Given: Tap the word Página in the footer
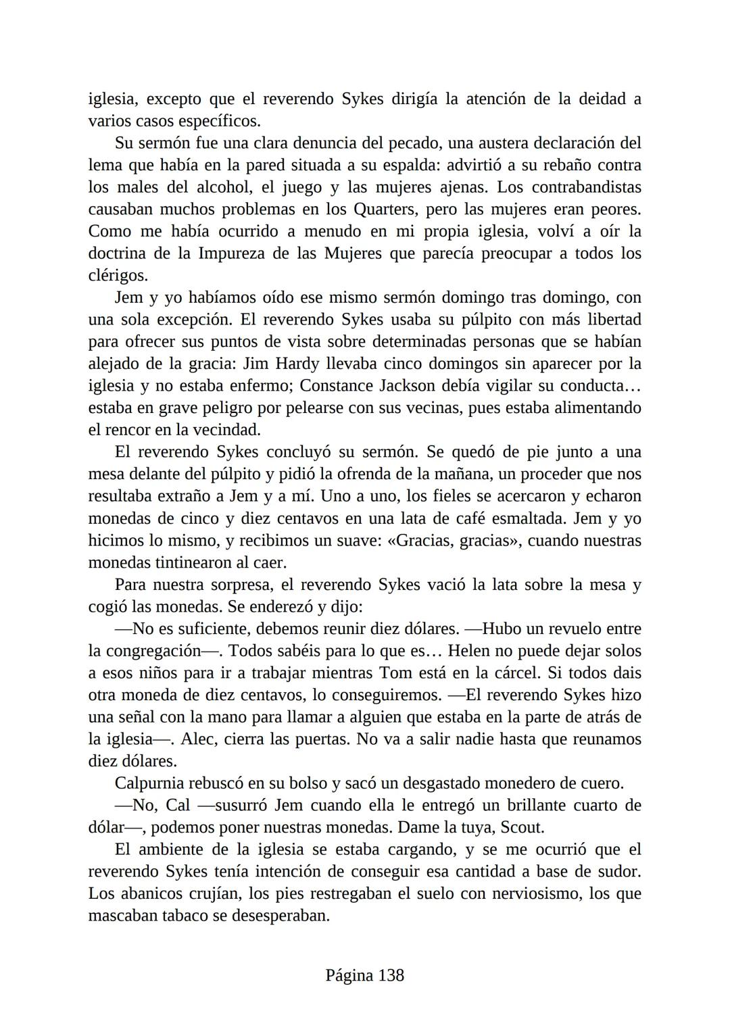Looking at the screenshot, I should (x=349, y=975).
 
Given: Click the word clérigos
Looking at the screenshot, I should (x=118, y=276).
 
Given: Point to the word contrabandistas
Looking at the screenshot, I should (x=586, y=187).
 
